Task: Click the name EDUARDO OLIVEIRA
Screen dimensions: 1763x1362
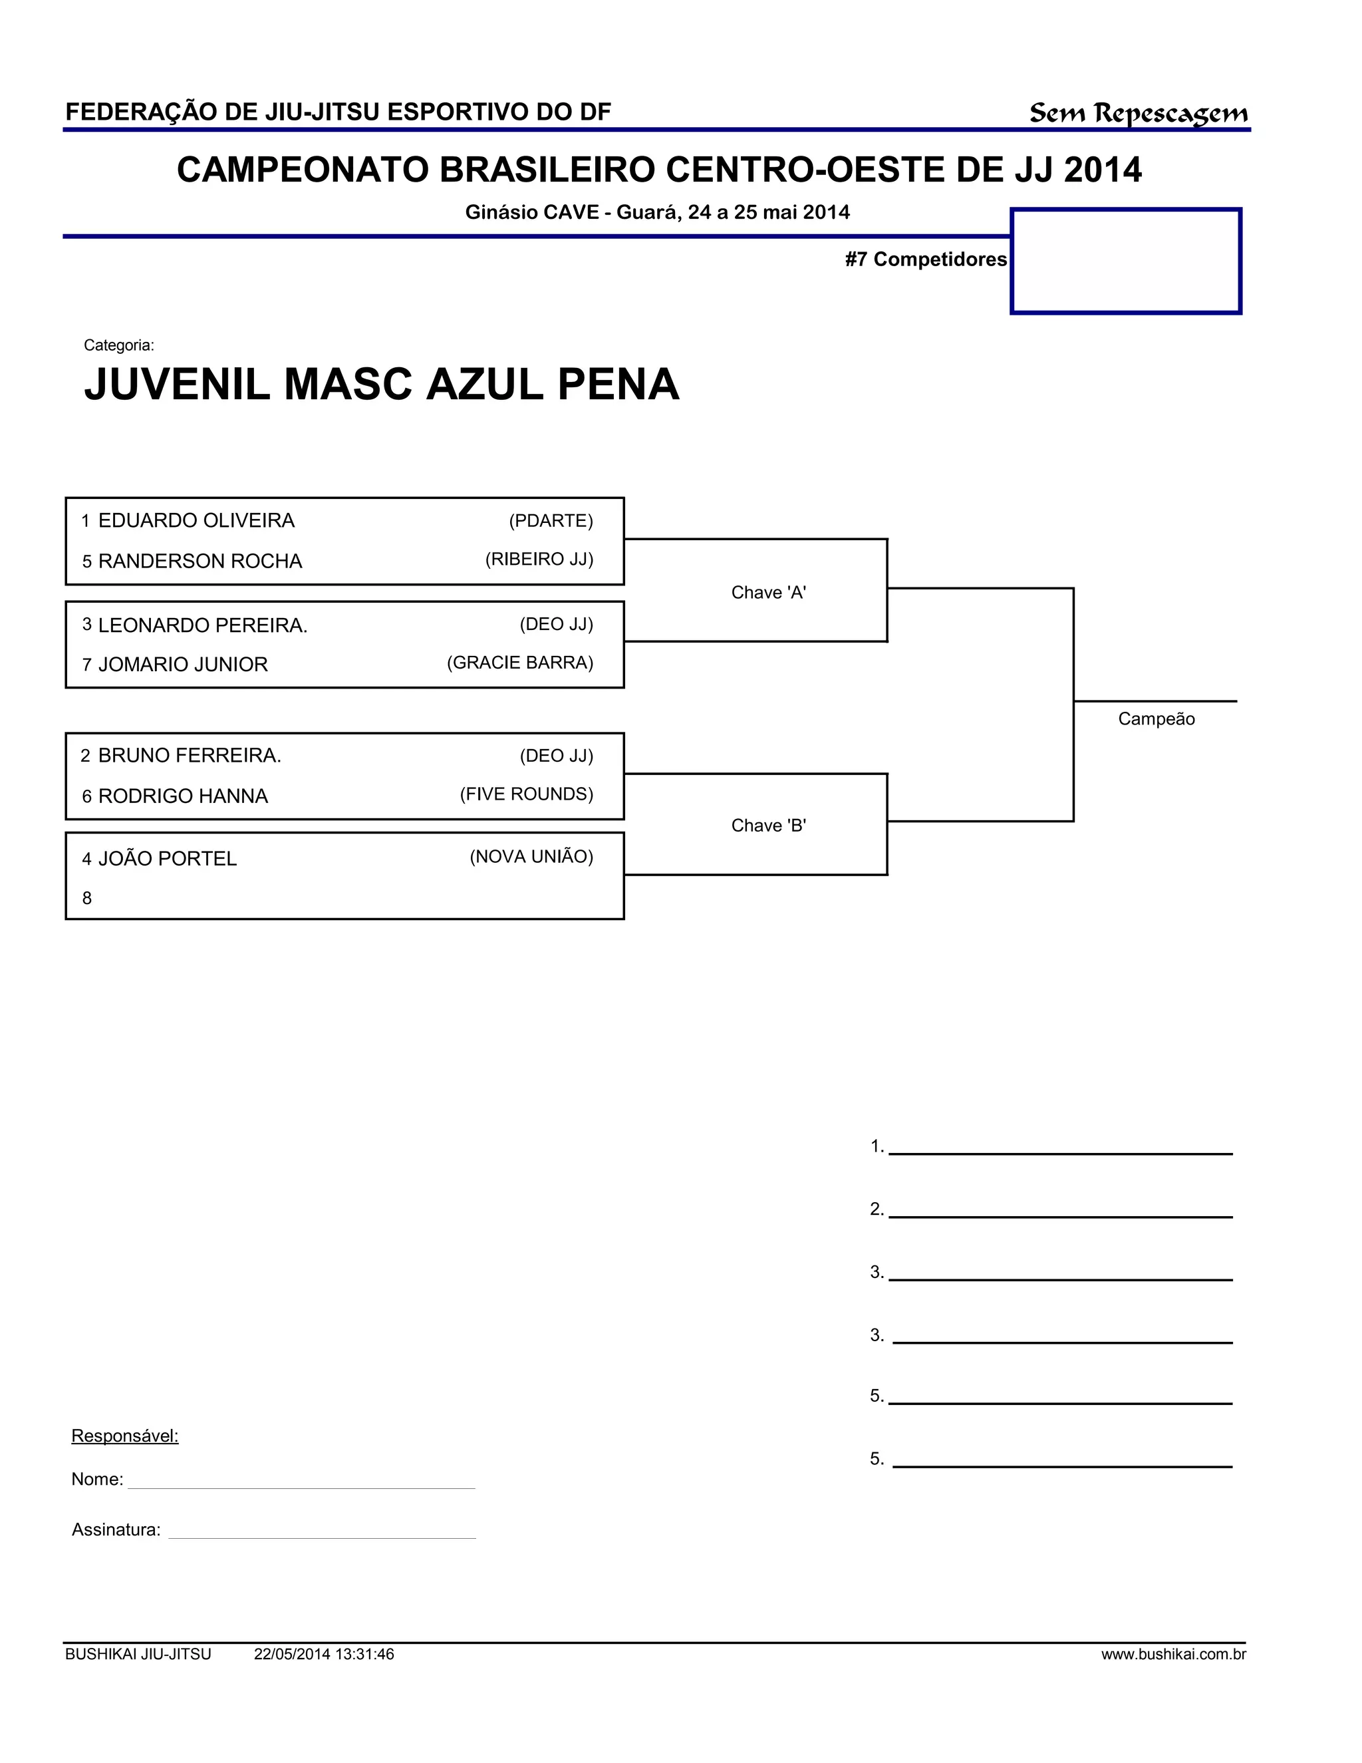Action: [196, 521]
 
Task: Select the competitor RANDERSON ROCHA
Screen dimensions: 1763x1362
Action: [200, 561]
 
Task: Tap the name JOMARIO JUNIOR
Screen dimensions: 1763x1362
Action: [182, 665]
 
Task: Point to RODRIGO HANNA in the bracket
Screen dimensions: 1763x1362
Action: [182, 796]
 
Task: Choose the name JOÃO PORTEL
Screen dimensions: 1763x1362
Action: [167, 859]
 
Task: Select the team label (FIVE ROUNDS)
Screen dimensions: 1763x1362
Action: [526, 794]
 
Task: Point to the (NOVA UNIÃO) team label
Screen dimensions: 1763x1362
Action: [531, 856]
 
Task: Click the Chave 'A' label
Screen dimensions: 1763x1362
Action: [768, 593]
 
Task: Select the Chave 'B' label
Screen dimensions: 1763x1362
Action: [768, 825]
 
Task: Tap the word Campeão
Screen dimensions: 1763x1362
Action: [1155, 719]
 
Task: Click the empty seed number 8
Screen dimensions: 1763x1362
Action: [87, 898]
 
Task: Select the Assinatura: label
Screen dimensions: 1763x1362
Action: [116, 1529]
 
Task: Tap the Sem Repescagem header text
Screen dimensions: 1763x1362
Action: [1138, 113]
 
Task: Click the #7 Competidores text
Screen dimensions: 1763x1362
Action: [926, 259]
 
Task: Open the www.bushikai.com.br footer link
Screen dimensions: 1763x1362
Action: [1173, 1654]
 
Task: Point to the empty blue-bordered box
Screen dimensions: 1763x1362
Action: [1126, 261]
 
